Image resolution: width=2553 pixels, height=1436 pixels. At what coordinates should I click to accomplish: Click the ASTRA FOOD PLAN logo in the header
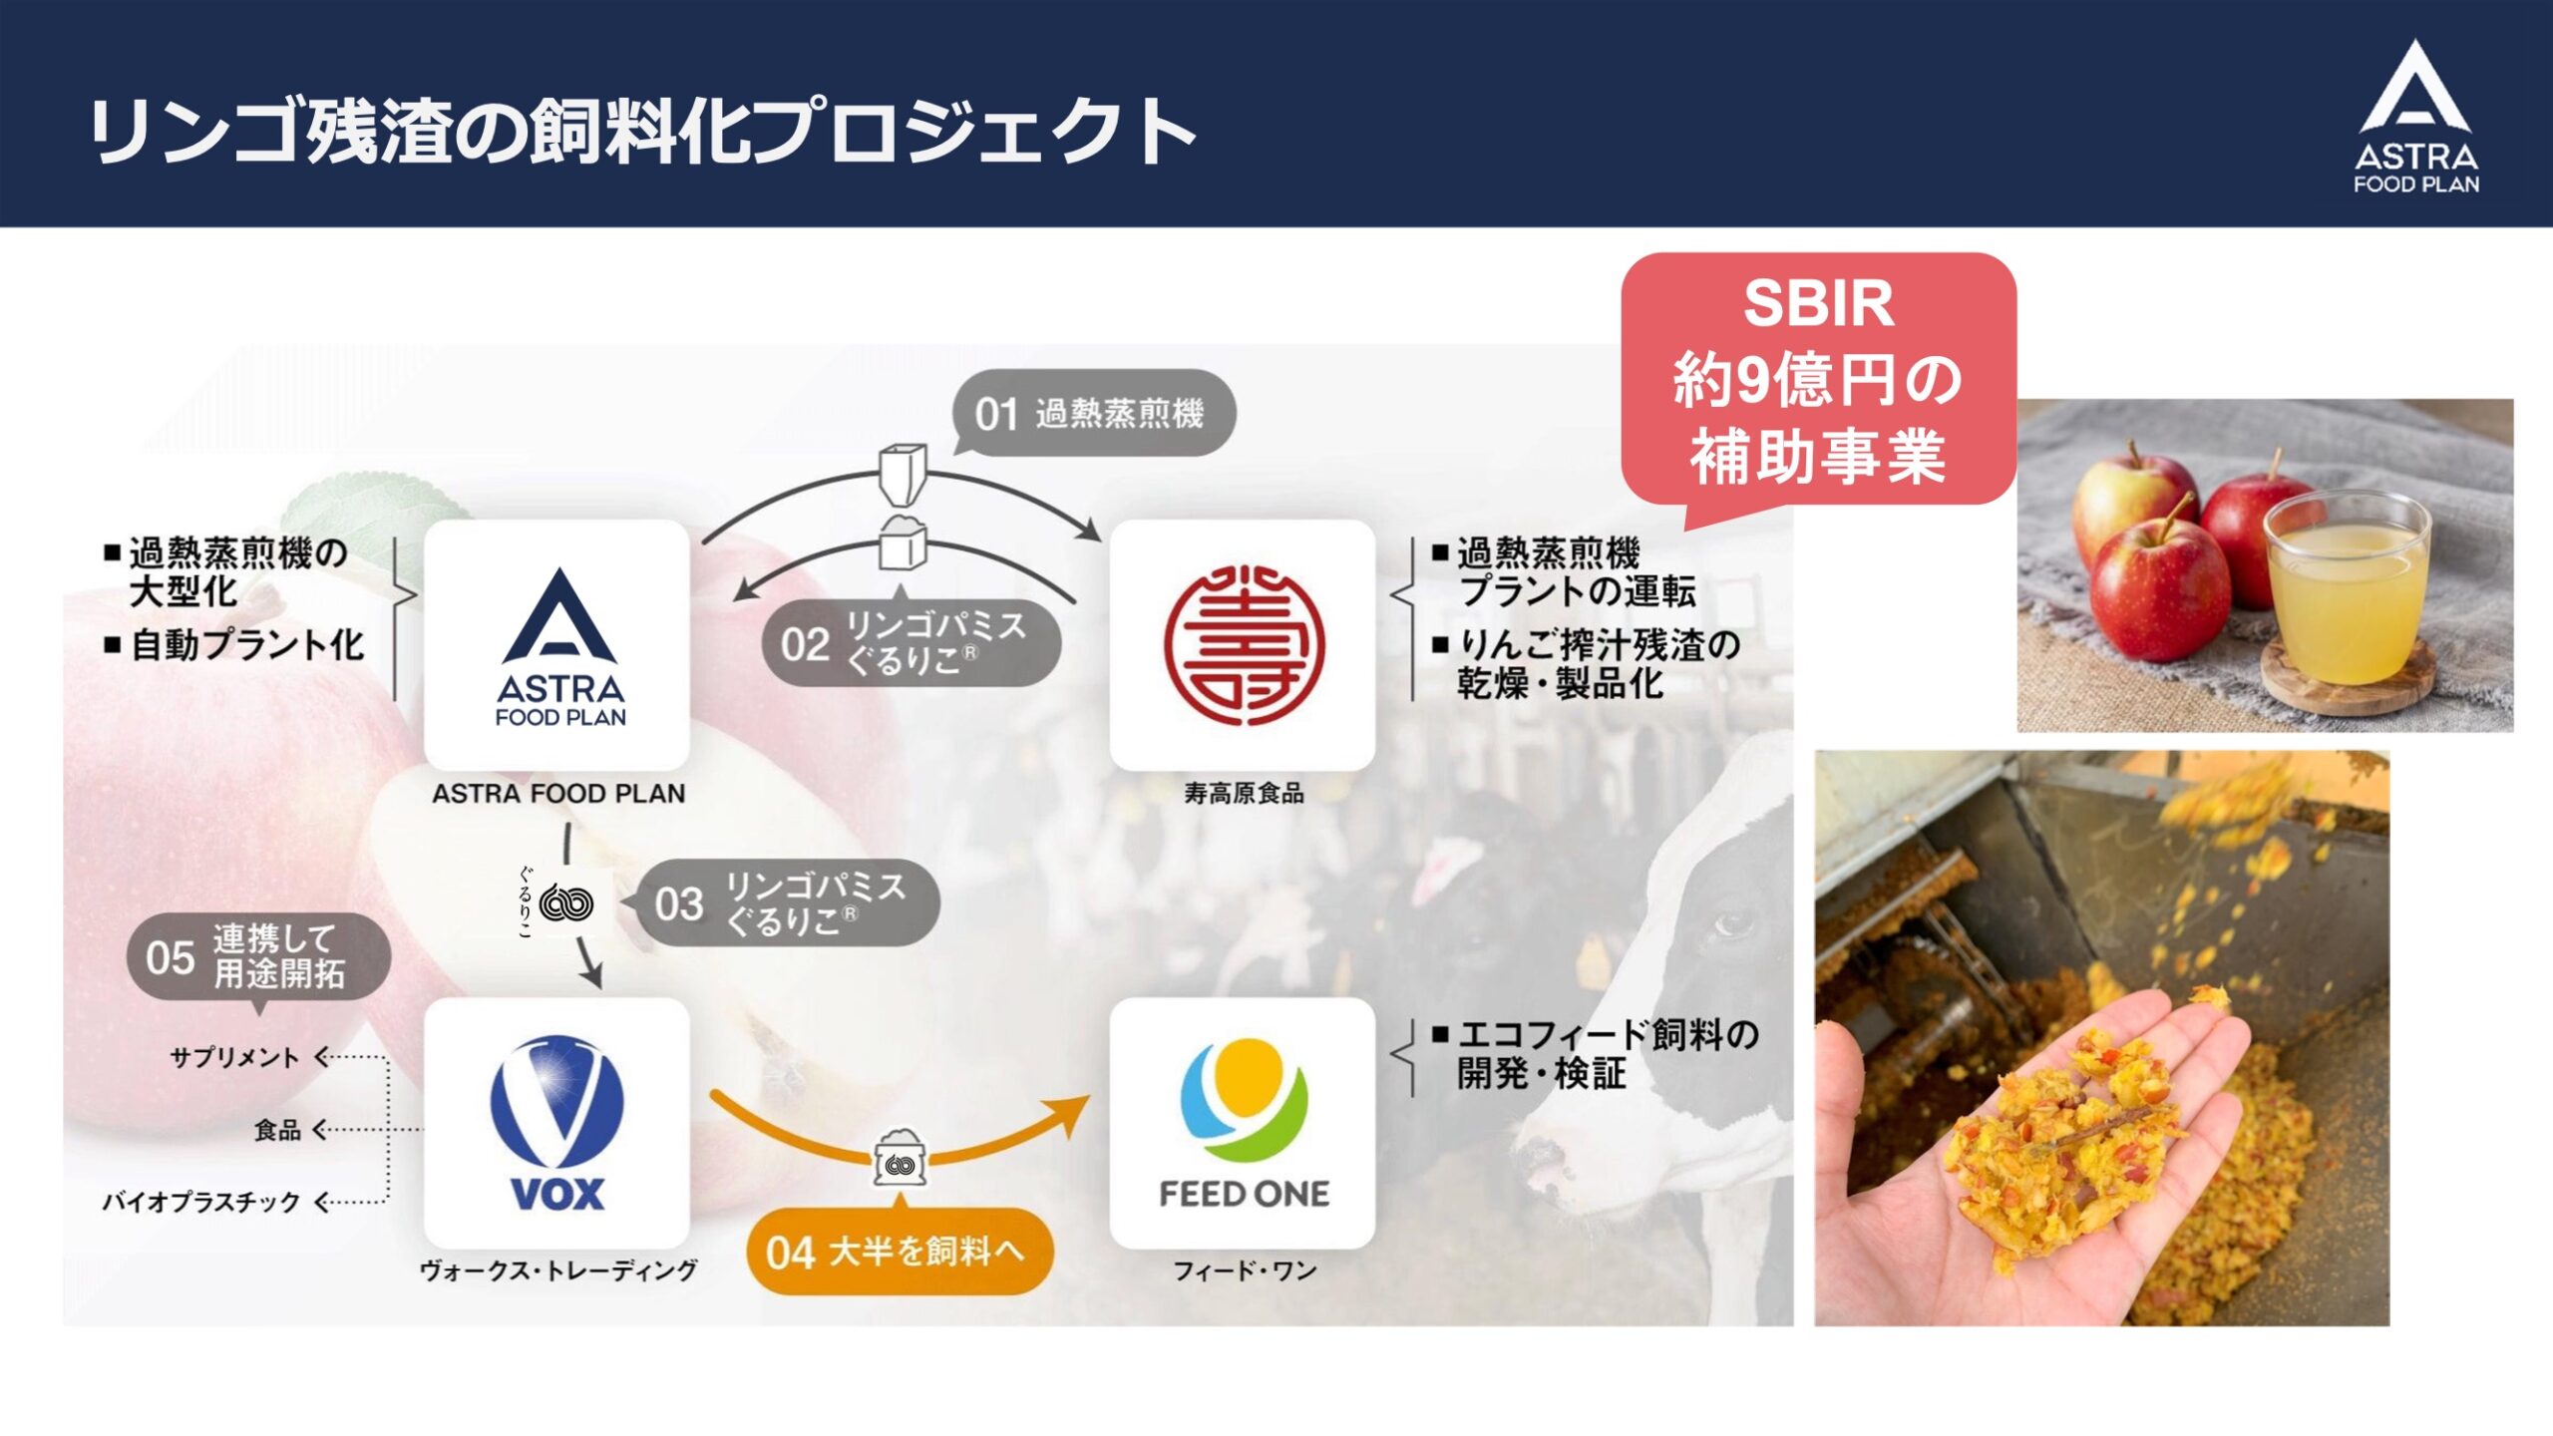point(2415,117)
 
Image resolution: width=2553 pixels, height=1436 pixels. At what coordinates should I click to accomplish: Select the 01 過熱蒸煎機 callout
point(1093,413)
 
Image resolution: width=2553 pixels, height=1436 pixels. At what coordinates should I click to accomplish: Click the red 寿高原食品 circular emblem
point(1244,644)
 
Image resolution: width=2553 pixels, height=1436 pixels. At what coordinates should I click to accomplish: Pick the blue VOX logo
point(556,1123)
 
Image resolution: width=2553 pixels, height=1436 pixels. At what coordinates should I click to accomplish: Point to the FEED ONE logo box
point(1243,1123)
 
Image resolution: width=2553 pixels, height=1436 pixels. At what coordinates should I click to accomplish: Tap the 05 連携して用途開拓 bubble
point(258,956)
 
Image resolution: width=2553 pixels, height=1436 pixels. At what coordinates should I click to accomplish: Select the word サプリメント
point(234,1058)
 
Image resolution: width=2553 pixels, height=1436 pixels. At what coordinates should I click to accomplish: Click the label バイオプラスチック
point(200,1202)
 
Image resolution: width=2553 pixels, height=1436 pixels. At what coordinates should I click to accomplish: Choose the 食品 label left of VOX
point(277,1130)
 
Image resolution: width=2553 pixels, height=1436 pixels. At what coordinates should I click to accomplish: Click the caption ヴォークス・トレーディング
point(558,1270)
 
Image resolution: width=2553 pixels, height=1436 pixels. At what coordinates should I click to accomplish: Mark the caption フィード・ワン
point(1245,1270)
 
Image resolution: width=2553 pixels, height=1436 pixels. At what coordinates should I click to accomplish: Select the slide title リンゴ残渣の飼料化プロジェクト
point(643,131)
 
